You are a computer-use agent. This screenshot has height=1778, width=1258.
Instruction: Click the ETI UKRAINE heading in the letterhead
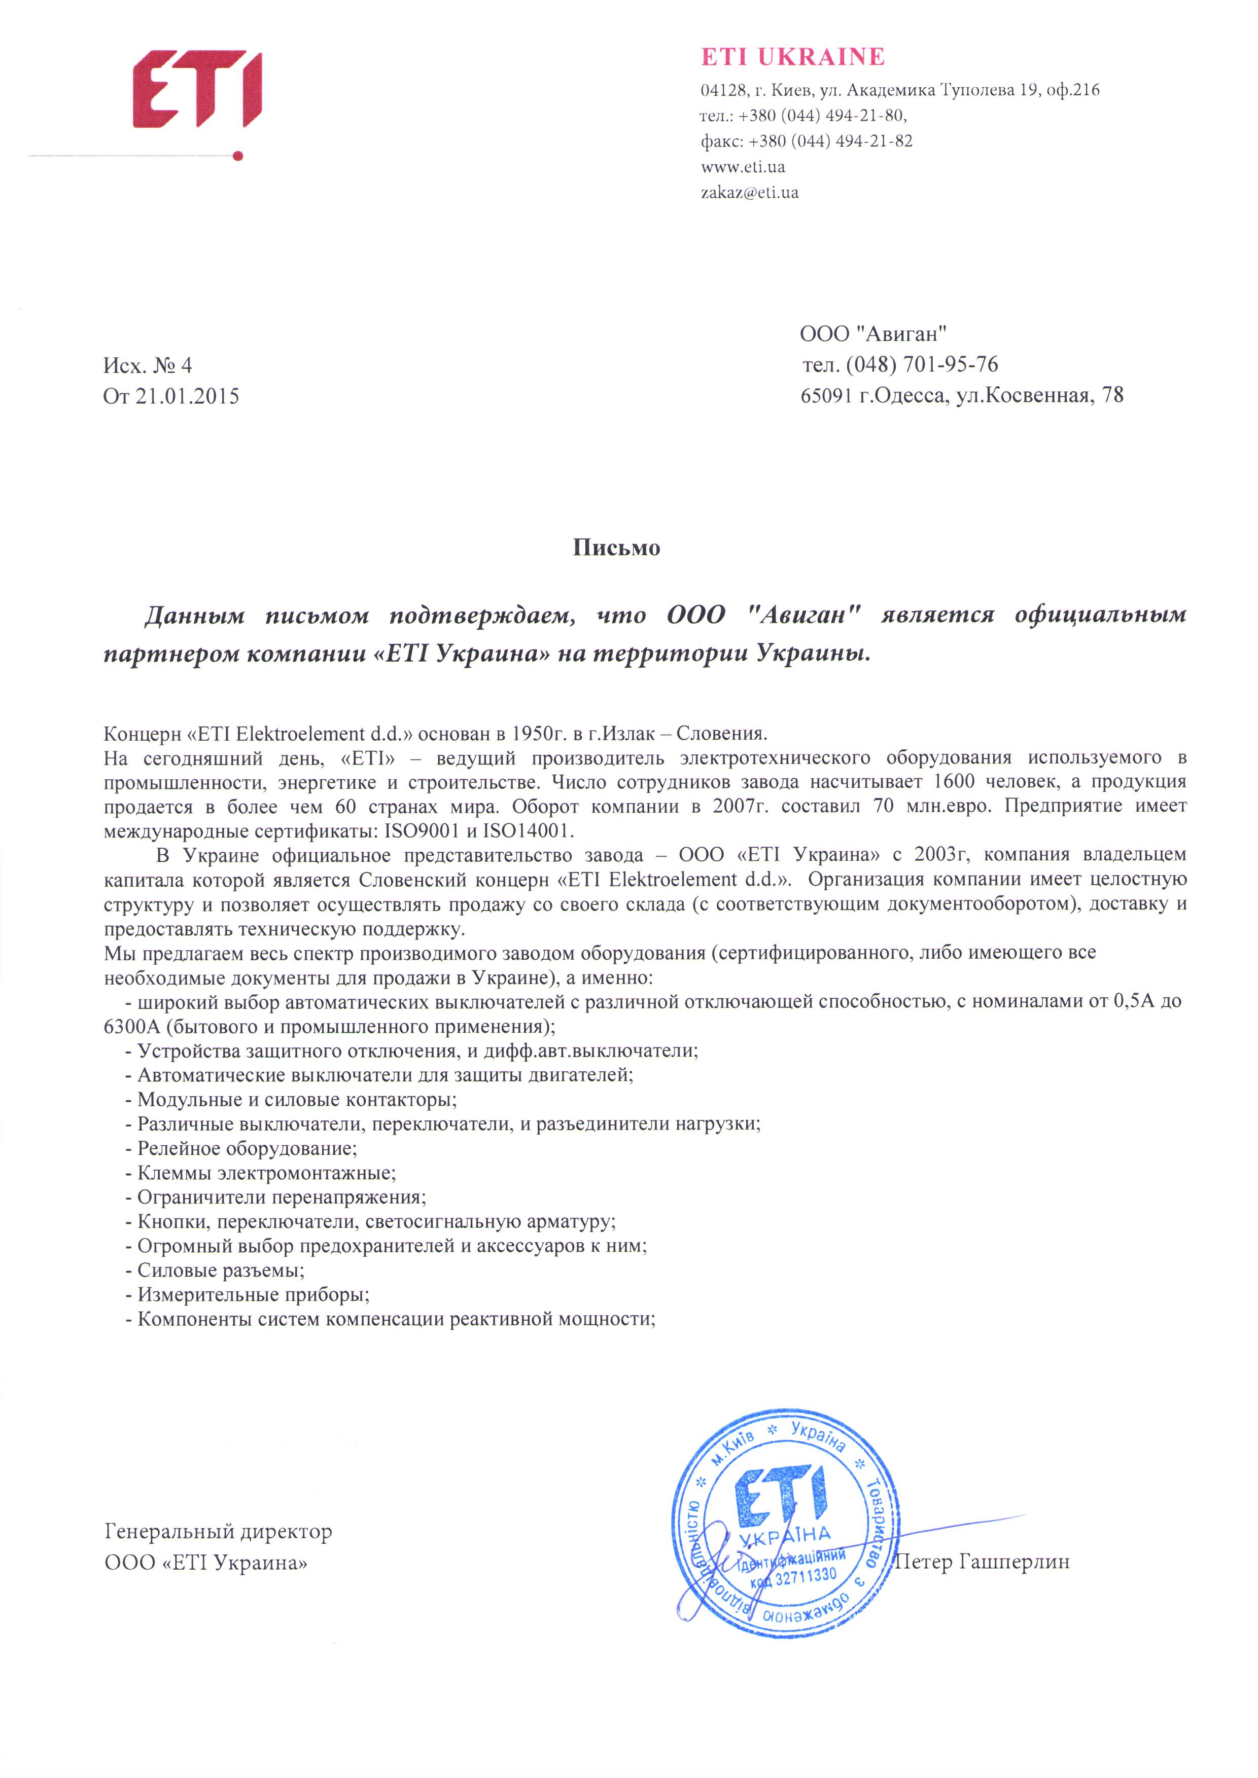pyautogui.click(x=792, y=57)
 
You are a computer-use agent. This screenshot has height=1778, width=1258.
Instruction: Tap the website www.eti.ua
pyautogui.click(x=742, y=166)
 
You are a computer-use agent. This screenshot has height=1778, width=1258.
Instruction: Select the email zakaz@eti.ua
pyautogui.click(x=749, y=192)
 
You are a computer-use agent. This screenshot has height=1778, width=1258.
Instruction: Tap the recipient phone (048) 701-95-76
pyautogui.click(x=922, y=364)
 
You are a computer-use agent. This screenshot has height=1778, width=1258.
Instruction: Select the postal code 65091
pyautogui.click(x=826, y=396)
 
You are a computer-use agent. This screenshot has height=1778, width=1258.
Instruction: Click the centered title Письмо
pyautogui.click(x=617, y=548)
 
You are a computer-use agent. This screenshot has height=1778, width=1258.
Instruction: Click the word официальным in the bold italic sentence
pyautogui.click(x=1100, y=614)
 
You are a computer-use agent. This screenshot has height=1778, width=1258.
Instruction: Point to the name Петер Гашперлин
pyautogui.click(x=982, y=1561)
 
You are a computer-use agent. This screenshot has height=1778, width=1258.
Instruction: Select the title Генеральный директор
pyautogui.click(x=219, y=1531)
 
